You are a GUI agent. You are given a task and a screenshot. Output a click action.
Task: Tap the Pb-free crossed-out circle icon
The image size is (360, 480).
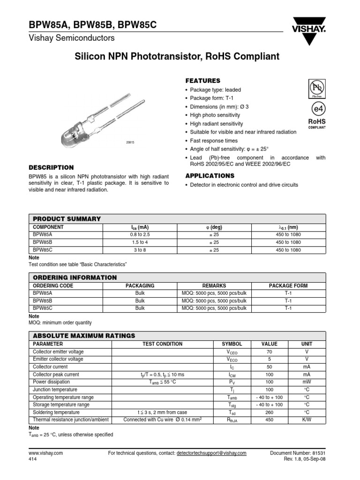tap(316, 87)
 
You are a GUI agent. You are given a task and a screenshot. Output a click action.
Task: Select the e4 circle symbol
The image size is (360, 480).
tap(316, 108)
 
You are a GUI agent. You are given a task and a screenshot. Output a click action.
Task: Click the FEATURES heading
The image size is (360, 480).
tap(203, 81)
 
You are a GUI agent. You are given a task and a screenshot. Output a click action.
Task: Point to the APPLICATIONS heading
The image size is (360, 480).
tap(210, 176)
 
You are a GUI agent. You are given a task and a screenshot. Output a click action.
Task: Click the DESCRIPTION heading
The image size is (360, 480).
tap(51, 167)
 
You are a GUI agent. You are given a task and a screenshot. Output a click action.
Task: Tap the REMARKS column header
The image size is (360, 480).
tap(214, 285)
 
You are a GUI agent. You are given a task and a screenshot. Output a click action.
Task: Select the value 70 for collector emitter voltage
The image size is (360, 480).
tap(269, 352)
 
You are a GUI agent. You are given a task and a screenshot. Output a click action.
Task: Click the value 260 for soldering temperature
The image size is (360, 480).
tap(269, 412)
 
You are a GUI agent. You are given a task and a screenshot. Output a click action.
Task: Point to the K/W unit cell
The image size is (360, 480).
tap(306, 420)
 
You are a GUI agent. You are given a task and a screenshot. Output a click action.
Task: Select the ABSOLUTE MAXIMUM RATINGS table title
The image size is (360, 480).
tap(84, 336)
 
